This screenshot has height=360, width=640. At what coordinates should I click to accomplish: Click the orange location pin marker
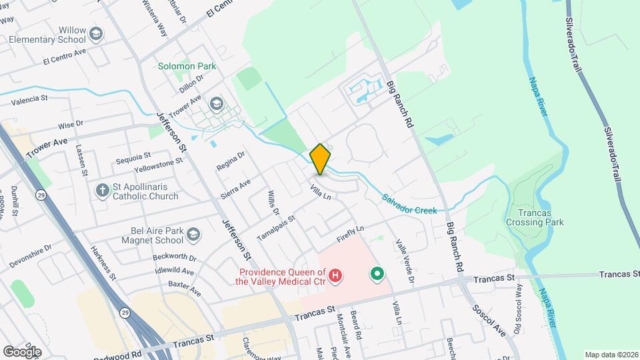point(321,159)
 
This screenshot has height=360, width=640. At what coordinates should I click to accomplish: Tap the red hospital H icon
point(337,275)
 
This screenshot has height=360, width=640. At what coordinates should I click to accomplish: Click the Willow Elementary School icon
point(97,33)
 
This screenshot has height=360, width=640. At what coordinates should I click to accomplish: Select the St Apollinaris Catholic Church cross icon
point(102,190)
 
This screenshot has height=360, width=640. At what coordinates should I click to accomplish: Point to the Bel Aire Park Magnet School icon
point(193,233)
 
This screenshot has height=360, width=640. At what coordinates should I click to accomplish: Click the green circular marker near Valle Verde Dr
point(377,273)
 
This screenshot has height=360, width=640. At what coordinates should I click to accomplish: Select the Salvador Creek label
point(409,205)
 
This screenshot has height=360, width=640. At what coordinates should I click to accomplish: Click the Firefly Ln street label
point(350,234)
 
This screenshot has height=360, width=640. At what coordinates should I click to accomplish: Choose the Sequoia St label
point(133,157)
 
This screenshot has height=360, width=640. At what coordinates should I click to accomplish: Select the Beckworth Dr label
point(173,257)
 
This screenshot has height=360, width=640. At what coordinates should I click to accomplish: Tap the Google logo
point(22,351)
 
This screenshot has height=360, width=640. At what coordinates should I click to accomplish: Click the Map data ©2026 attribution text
point(611,355)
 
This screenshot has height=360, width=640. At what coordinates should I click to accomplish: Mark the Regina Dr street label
point(231,161)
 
